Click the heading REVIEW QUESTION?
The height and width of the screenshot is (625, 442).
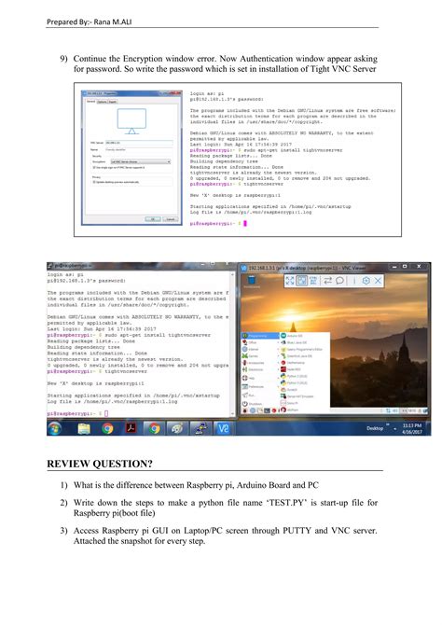coord(102,464)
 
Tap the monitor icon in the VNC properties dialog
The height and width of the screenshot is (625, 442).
coord(132,119)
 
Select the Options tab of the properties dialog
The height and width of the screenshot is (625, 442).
coord(102,102)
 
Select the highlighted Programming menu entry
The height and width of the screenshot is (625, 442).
coord(258,335)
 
